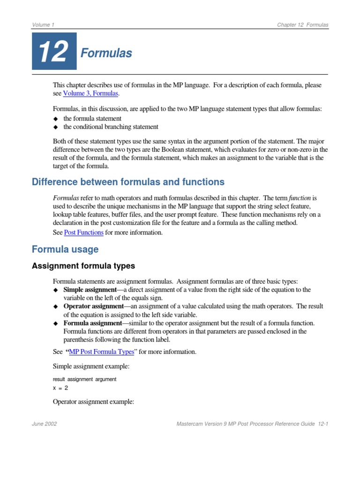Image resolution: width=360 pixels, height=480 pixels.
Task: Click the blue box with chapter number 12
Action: click(x=54, y=52)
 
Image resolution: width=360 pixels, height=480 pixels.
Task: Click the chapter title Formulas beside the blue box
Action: click(x=106, y=53)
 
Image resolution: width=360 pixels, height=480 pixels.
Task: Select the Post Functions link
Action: click(x=83, y=232)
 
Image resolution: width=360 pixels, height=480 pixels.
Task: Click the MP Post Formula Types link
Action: click(x=101, y=352)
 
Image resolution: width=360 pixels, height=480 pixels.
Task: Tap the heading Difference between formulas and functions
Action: click(x=128, y=182)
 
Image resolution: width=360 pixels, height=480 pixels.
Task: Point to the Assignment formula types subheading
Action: click(x=83, y=266)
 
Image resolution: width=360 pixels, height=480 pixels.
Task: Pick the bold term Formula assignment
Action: click(x=92, y=323)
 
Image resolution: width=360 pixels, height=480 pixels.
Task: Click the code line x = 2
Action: click(x=60, y=388)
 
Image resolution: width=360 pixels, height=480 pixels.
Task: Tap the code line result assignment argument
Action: click(x=84, y=379)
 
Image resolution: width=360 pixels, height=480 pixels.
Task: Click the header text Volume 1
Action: click(x=44, y=25)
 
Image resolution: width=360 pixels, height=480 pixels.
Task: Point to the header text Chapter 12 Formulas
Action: click(x=302, y=25)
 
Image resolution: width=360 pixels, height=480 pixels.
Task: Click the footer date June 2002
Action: click(x=45, y=424)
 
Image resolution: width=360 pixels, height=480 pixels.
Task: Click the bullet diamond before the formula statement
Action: click(x=55, y=119)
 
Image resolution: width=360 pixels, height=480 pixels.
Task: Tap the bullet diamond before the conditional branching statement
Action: click(x=55, y=127)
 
